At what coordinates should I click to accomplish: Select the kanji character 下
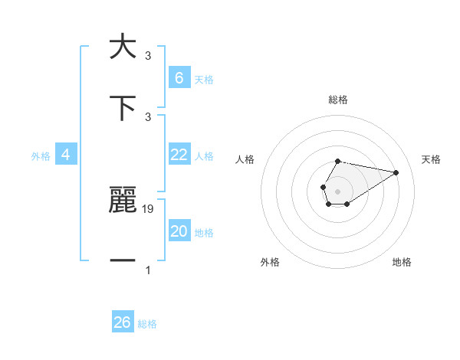[x=123, y=106]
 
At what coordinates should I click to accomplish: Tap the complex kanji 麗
[x=123, y=199]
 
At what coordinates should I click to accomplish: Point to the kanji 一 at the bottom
[x=123, y=260]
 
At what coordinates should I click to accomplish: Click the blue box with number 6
[x=179, y=78]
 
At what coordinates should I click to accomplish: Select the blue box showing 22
[x=179, y=155]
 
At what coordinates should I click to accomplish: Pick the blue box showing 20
[x=179, y=231]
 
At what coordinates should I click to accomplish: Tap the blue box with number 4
[x=66, y=155]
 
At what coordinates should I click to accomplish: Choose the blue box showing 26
[x=122, y=322]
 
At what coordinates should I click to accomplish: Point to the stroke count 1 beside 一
[x=148, y=270]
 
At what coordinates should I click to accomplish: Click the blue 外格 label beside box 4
[x=41, y=156]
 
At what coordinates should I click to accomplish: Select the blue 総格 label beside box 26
[x=147, y=324]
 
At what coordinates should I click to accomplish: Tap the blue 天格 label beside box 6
[x=204, y=80]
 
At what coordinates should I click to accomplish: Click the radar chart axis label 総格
[x=338, y=100]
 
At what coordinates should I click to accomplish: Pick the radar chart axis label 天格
[x=432, y=159]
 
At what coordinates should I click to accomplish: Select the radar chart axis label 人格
[x=245, y=159]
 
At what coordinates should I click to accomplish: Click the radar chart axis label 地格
[x=402, y=262]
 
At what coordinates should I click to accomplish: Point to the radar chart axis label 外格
[x=270, y=262]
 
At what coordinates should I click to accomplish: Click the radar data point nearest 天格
[x=396, y=172]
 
